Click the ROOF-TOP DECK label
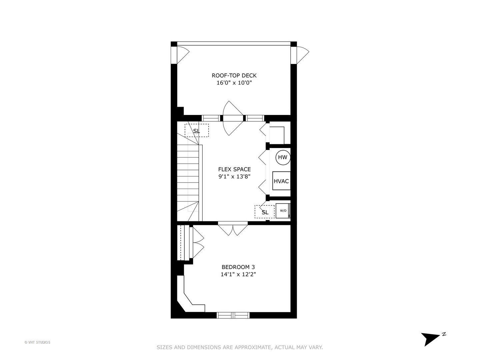click(234, 76)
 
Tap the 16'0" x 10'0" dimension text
click(234, 83)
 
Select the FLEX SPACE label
click(234, 169)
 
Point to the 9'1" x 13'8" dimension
click(234, 177)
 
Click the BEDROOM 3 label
click(238, 267)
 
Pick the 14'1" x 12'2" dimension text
click(238, 275)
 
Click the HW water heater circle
click(283, 157)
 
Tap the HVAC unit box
click(281, 181)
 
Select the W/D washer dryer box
click(283, 211)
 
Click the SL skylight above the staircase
click(197, 131)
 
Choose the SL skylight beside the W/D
click(265, 212)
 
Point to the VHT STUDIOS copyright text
click(37, 342)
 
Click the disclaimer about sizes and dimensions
click(240, 347)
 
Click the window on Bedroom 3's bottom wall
click(233, 315)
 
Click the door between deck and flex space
click(233, 118)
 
